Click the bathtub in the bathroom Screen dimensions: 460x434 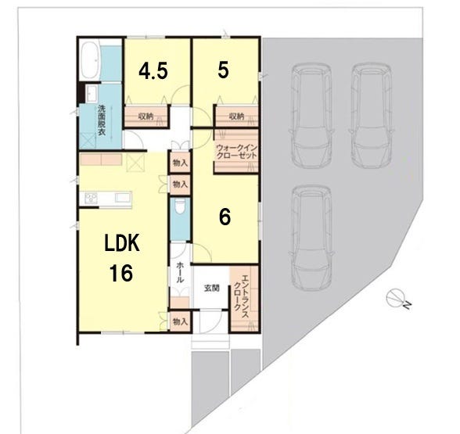click(90, 60)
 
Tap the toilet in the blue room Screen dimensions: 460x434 click(180, 207)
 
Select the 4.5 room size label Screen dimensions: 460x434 click(153, 71)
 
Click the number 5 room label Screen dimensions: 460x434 click(223, 70)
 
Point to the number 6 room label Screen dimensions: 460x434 click(225, 217)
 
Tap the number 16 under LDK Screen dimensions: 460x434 click(121, 273)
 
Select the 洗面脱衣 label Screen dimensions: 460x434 click(102, 120)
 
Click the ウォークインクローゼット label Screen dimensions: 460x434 click(237, 152)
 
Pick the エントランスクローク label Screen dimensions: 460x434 click(241, 297)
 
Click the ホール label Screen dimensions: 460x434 click(180, 272)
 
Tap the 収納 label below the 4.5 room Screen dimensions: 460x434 click(146, 116)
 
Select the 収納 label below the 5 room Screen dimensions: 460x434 click(236, 117)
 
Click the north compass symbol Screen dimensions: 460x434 click(396, 298)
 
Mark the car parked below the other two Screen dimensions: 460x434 click(311, 238)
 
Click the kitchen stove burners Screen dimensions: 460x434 click(91, 198)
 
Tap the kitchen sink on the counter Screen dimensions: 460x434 click(123, 197)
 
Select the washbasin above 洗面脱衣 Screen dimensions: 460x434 click(92, 93)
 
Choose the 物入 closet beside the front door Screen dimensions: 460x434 click(180, 321)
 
